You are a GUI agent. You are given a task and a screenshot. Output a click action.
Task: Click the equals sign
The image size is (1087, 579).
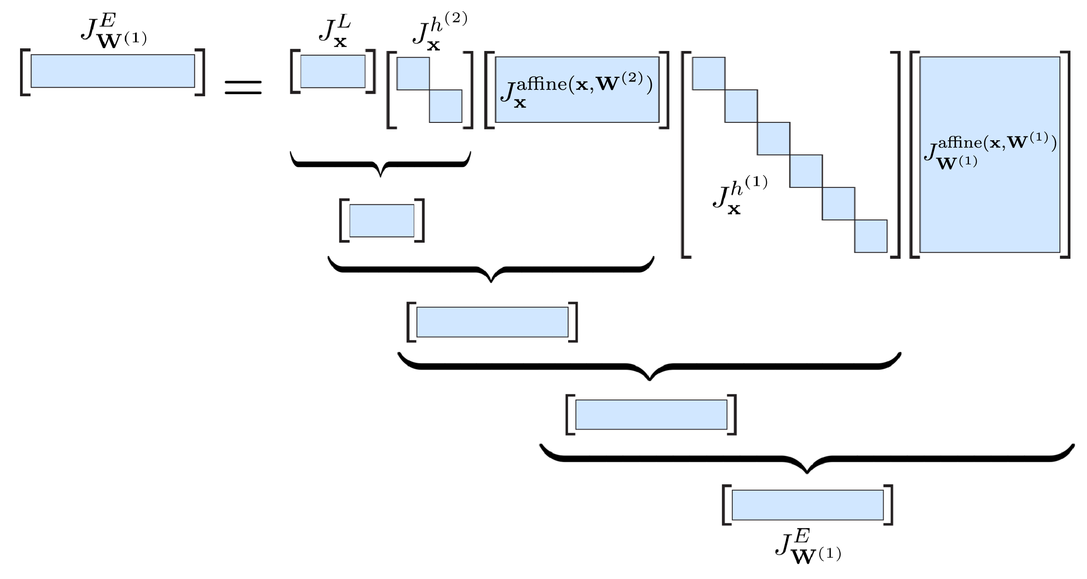click(243, 87)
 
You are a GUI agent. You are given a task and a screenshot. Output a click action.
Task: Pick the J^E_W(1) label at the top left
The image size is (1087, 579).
click(114, 29)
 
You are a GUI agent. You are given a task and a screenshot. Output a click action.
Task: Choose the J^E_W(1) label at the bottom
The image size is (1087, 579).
click(808, 547)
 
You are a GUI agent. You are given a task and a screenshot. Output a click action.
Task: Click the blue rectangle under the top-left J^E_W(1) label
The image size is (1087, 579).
click(113, 71)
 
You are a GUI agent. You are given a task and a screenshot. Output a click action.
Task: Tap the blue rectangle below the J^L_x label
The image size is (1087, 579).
click(333, 71)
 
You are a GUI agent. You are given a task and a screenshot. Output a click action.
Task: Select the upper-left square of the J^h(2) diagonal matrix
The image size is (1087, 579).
click(413, 74)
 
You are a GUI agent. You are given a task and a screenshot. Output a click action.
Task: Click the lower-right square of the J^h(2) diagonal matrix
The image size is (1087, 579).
click(445, 106)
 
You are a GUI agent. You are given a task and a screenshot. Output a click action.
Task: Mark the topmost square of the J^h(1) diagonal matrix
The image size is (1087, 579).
click(708, 73)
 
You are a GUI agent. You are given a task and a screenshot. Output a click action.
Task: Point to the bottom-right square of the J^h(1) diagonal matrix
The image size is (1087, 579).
click(870, 236)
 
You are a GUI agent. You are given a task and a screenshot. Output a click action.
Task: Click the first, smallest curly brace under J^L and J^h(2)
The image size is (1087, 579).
click(380, 164)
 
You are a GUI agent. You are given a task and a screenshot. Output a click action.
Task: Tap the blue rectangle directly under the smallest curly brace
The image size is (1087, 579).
click(382, 220)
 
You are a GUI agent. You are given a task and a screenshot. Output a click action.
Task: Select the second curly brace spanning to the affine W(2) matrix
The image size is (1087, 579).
click(491, 270)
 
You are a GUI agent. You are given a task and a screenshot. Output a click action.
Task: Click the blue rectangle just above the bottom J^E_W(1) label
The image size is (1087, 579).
click(807, 505)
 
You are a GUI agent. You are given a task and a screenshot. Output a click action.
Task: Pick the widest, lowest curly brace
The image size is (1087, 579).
click(807, 459)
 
